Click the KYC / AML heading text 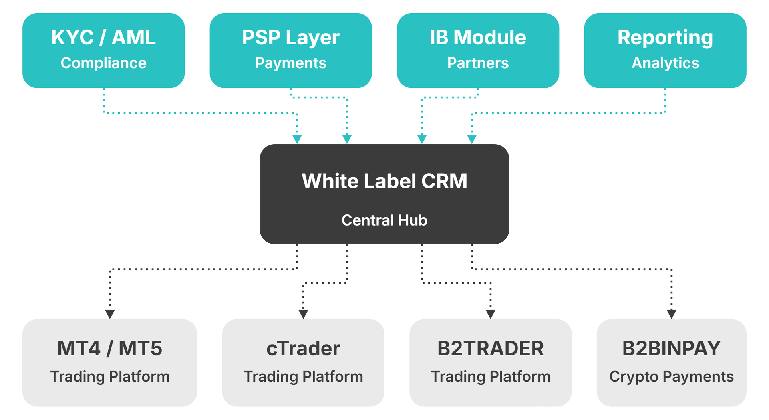coord(103,38)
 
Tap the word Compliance coord(103,63)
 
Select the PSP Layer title coord(290,38)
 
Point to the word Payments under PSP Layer coord(290,63)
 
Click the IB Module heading coord(477,38)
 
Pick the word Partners coord(477,63)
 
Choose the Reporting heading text coord(665,38)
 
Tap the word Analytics coord(665,63)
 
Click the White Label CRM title coord(384,181)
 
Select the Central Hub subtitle coord(384,220)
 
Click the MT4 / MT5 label coord(110,348)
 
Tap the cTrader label coord(303,348)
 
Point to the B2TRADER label coord(490,348)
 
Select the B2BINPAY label coord(671,348)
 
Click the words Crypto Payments coord(671,376)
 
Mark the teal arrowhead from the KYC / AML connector coord(297,139)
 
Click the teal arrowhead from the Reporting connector coord(472,139)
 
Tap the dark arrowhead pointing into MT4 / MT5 coord(110,314)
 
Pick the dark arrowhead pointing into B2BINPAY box coord(671,314)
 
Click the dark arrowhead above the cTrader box coord(303,314)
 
